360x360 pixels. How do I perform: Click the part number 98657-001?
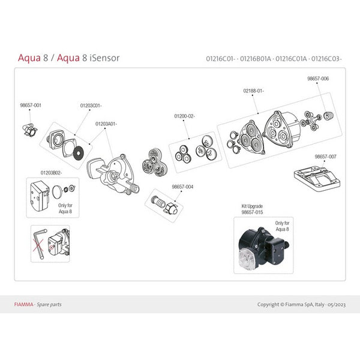(x=31, y=105)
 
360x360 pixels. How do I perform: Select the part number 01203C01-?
(x=91, y=105)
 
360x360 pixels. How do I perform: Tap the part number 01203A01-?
(x=107, y=124)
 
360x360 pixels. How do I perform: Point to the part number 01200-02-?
(x=184, y=115)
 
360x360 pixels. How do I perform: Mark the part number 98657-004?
(x=182, y=186)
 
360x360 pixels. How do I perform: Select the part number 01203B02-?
(x=51, y=173)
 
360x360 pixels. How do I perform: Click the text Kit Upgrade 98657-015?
(x=253, y=209)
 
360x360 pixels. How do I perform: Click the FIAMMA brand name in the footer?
(x=23, y=304)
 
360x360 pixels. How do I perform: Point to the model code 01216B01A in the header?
(x=256, y=59)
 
